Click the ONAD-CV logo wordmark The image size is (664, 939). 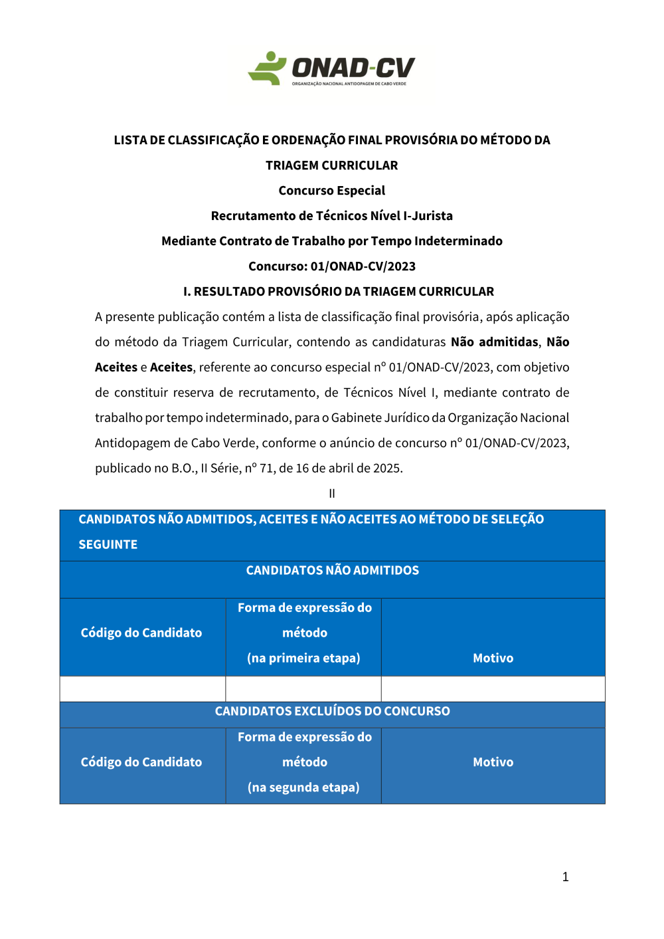click(x=353, y=68)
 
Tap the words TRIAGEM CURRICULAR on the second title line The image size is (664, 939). click(x=332, y=165)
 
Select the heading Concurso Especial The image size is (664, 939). click(x=332, y=191)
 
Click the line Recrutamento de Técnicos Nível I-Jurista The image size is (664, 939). click(x=332, y=216)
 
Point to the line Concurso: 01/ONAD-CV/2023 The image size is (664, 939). click(x=332, y=266)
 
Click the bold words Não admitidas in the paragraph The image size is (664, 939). click(x=495, y=342)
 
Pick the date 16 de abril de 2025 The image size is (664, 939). click(x=349, y=469)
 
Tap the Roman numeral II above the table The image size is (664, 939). click(x=332, y=494)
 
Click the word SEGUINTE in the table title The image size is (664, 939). click(x=108, y=545)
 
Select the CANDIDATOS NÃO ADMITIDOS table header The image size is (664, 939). click(x=332, y=571)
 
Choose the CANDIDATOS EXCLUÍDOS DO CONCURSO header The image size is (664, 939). click(x=332, y=712)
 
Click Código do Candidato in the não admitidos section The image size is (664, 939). click(x=141, y=633)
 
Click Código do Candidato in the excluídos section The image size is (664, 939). click(x=141, y=763)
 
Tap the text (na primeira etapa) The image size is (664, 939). click(x=303, y=659)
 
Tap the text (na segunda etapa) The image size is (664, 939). click(x=303, y=788)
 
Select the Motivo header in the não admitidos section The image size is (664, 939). click(x=493, y=659)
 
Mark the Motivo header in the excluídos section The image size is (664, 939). click(x=493, y=763)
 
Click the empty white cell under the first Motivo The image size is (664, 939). click(x=493, y=689)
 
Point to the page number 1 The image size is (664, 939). click(x=565, y=877)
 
